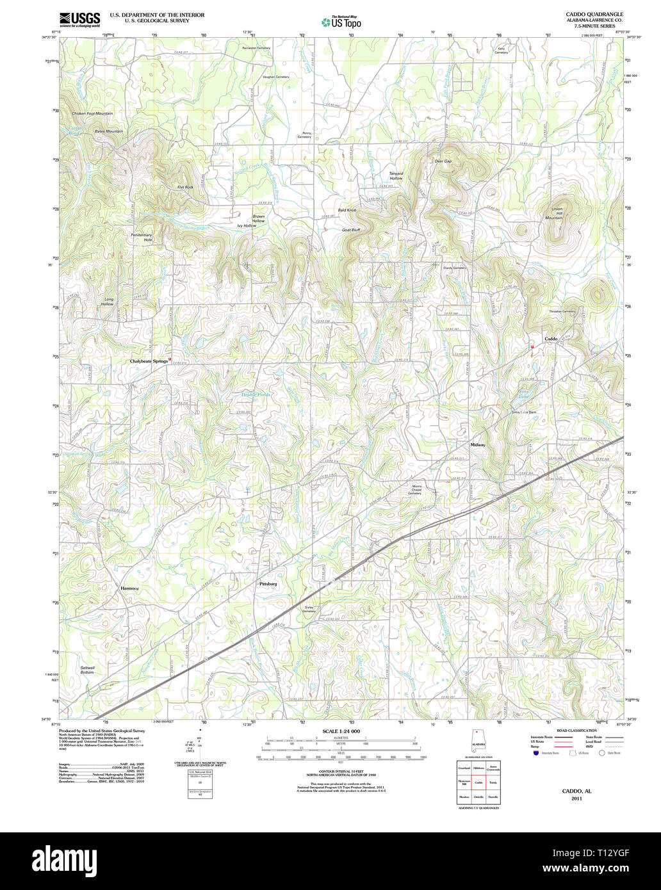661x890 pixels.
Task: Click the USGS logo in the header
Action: click(79, 20)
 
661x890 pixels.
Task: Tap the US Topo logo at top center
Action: click(341, 22)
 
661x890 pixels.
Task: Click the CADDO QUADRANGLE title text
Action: click(594, 14)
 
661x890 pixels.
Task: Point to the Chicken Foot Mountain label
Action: click(92, 114)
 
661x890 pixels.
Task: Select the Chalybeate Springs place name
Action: click(149, 361)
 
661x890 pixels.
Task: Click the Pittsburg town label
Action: click(268, 584)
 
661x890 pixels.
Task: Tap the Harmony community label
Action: click(130, 588)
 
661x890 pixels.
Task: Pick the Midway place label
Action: click(478, 444)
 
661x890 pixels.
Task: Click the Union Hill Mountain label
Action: click(553, 213)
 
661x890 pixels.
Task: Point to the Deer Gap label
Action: click(443, 161)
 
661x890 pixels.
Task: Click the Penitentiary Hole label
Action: click(142, 237)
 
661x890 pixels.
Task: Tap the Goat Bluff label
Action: click(350, 229)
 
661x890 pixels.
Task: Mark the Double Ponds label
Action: click(256, 394)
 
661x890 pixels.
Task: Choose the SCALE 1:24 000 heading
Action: click(341, 731)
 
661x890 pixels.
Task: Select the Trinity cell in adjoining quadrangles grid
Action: click(493, 782)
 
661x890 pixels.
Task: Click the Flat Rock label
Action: click(185, 187)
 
